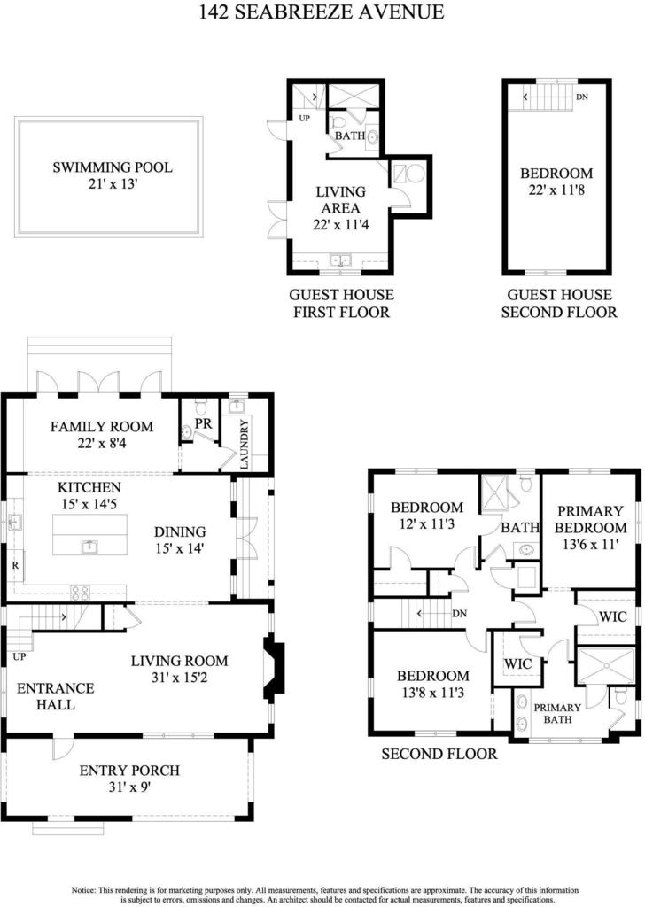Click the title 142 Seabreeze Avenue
322,12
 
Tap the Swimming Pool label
113,167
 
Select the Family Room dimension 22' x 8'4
102,444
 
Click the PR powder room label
203,424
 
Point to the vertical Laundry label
244,445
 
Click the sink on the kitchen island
89,546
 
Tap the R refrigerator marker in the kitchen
15,565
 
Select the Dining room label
180,531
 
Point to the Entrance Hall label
56,696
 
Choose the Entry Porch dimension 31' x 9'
129,787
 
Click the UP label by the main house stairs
19,657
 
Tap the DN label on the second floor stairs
460,614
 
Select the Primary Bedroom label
591,519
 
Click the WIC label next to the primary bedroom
612,616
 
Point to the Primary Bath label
557,714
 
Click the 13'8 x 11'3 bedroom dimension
433,693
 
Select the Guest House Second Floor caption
559,304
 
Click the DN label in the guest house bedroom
582,97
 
